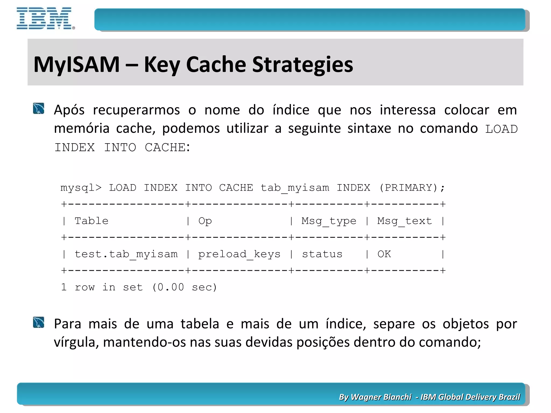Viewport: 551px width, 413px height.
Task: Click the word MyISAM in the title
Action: [76, 65]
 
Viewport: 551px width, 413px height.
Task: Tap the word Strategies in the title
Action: [302, 65]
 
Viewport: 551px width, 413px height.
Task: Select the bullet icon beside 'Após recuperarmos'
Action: [38, 109]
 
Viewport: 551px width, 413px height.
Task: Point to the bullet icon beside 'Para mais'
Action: [38, 322]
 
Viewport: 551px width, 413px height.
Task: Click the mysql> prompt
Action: [81, 188]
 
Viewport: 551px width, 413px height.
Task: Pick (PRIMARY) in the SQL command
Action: [408, 188]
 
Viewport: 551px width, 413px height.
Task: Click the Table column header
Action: [91, 221]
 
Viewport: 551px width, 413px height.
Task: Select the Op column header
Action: [205, 221]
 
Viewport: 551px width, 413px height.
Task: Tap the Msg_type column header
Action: [329, 221]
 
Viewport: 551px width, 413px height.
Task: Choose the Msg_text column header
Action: [404, 221]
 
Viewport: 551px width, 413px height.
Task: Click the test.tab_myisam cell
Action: [126, 254]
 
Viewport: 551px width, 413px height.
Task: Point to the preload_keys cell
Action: [239, 254]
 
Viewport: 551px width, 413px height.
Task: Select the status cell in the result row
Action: [322, 254]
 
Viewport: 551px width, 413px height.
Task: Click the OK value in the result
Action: [384, 254]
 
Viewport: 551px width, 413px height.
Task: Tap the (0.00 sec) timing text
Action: [184, 287]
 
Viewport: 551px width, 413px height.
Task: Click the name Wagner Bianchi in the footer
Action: [381, 397]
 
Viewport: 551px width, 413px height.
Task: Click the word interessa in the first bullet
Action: [408, 110]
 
